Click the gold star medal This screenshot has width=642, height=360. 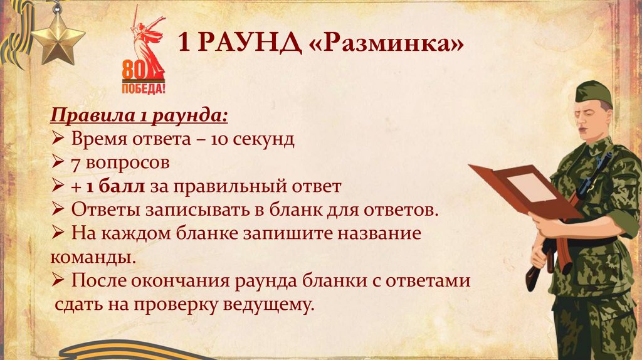pos(58,39)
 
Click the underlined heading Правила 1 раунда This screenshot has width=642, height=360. pos(139,116)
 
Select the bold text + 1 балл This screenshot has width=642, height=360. pos(108,186)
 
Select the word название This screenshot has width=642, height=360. pos(381,233)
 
